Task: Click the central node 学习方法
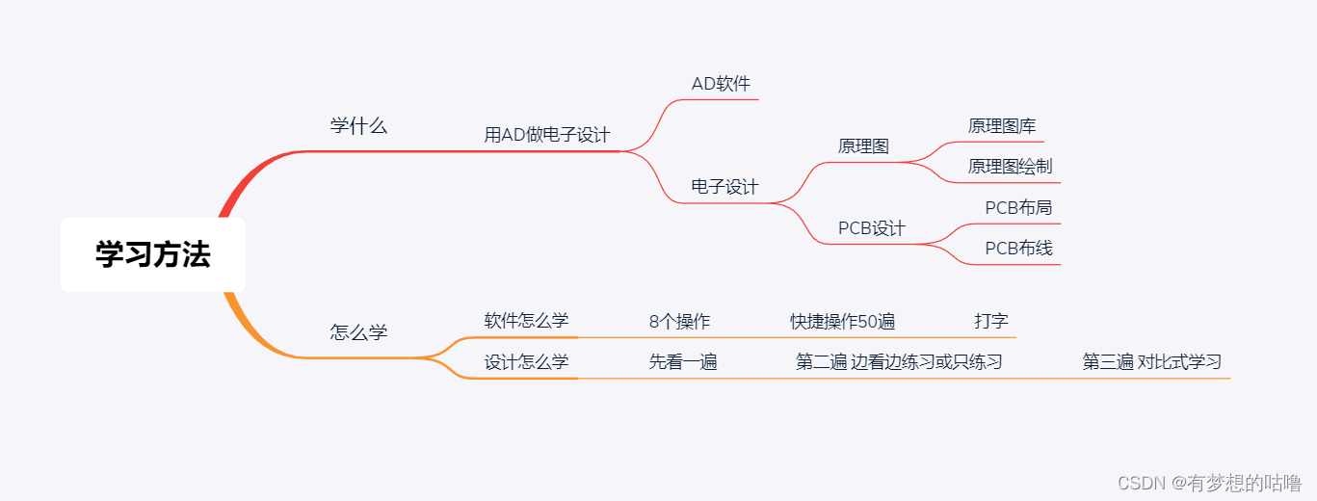click(x=152, y=254)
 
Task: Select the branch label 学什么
click(x=358, y=126)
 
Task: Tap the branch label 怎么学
click(x=358, y=332)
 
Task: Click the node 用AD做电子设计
click(x=546, y=135)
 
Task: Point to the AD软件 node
click(x=721, y=84)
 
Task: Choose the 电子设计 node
click(x=724, y=187)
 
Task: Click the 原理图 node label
click(x=863, y=146)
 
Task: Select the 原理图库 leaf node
click(x=1002, y=126)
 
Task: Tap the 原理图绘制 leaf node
click(x=1010, y=167)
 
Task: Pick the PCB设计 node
click(x=871, y=228)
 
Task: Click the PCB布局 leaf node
click(x=1018, y=207)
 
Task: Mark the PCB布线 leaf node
click(x=1018, y=249)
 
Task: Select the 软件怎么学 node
click(x=526, y=321)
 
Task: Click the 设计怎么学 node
click(x=526, y=362)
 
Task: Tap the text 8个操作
click(x=679, y=322)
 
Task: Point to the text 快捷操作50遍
click(x=843, y=322)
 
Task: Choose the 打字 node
click(x=991, y=321)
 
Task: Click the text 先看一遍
click(x=682, y=362)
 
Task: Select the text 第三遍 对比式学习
click(x=1151, y=362)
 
